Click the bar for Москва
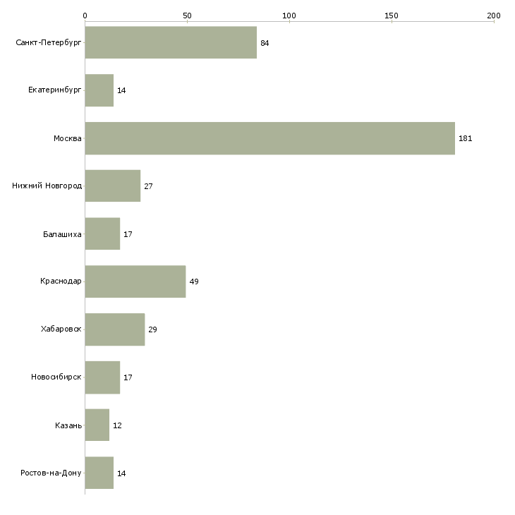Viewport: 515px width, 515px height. click(269, 138)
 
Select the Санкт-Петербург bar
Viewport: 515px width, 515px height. click(171, 43)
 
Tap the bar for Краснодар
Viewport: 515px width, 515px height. click(135, 281)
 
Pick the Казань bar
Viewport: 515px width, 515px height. click(97, 425)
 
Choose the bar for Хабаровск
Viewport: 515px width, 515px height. click(114, 329)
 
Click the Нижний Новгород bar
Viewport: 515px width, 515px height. click(112, 186)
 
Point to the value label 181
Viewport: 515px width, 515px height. click(465, 138)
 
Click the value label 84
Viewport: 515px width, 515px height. click(265, 43)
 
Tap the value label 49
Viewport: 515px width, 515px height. click(194, 281)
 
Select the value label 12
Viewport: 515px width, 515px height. click(117, 425)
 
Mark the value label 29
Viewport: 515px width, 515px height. click(152, 329)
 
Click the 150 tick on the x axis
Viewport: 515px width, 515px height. click(392, 15)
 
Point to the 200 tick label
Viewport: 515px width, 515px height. click(493, 15)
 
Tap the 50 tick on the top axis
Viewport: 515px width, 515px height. click(187, 15)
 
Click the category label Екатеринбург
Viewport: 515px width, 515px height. click(55, 90)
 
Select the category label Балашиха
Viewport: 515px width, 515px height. click(62, 234)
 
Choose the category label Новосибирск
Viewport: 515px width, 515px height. click(56, 377)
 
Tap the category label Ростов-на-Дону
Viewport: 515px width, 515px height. click(51, 473)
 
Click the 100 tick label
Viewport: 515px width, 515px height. click(289, 15)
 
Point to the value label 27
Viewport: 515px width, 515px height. click(148, 186)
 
